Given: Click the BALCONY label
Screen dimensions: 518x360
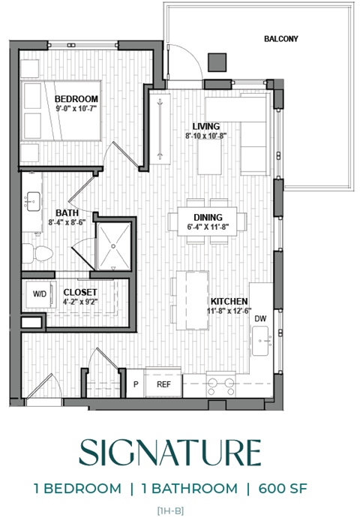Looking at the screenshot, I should tap(281, 38).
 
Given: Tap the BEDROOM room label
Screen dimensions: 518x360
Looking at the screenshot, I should tap(76, 99).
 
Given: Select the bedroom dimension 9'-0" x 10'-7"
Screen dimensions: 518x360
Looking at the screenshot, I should tap(76, 109).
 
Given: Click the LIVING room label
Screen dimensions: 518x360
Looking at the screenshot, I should tap(205, 126).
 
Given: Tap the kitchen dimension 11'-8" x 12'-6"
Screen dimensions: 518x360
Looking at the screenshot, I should tap(229, 310).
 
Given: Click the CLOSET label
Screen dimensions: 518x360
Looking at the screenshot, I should tap(79, 292).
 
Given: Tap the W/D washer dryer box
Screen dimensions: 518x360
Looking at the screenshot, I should tap(39, 295).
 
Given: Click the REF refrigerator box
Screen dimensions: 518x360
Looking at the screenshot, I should tap(163, 384).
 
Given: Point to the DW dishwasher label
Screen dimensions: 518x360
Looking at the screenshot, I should tap(260, 319).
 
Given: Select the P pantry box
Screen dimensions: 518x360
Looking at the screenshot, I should tap(136, 384).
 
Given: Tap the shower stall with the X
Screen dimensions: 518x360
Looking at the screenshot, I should tap(113, 244).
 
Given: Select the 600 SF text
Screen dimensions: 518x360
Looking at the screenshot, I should tap(283, 489).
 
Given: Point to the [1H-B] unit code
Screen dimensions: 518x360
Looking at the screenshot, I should tap(172, 510).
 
